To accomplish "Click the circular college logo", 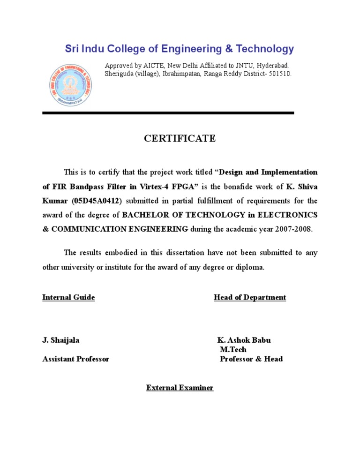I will click(x=71, y=85).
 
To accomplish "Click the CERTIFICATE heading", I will click(x=180, y=138).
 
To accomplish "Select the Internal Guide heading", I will click(x=68, y=297).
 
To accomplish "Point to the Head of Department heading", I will click(x=250, y=297).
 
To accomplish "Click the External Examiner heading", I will click(x=180, y=388).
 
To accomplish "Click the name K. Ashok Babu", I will click(x=244, y=340).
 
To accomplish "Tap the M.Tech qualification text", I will click(x=233, y=349).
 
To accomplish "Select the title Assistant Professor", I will click(x=75, y=359).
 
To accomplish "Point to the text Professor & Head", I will click(x=251, y=359).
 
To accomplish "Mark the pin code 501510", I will click(x=280, y=74).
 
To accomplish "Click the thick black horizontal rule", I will click(x=168, y=113).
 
